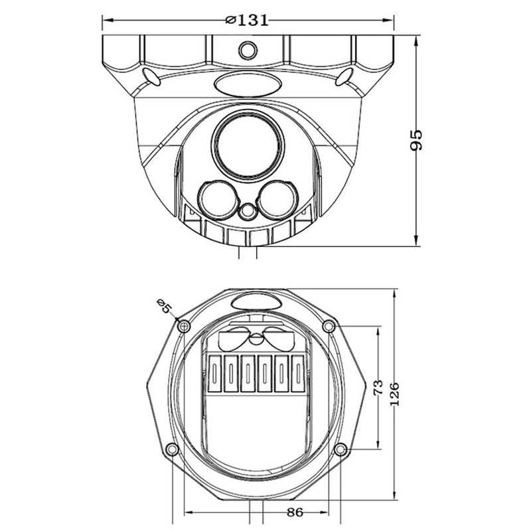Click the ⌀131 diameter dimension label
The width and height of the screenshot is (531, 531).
click(247, 21)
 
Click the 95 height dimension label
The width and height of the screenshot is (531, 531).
click(416, 140)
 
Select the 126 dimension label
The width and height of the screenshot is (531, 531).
click(394, 394)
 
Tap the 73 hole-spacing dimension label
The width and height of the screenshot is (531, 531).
click(378, 387)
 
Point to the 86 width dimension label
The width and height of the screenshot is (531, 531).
click(295, 512)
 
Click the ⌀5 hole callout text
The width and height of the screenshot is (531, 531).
click(165, 307)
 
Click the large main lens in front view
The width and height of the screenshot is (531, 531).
click(248, 145)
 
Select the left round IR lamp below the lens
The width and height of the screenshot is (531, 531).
click(218, 200)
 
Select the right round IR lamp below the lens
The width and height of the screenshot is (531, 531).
click(278, 200)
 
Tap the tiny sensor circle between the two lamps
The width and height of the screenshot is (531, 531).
click(248, 211)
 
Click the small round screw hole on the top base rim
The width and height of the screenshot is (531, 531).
click(248, 50)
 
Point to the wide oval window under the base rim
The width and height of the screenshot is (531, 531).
click(248, 84)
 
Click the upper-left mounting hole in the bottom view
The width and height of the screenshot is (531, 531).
click(184, 327)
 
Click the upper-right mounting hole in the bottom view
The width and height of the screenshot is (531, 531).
click(329, 327)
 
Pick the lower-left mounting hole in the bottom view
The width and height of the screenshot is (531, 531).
click(173, 449)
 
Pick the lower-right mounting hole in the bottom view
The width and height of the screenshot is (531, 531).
click(341, 449)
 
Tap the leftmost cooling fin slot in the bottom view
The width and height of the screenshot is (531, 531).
click(214, 373)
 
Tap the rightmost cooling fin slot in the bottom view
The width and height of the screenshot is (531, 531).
click(298, 373)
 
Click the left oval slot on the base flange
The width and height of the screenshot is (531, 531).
click(152, 76)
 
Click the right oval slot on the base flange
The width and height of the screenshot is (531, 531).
click(344, 76)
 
